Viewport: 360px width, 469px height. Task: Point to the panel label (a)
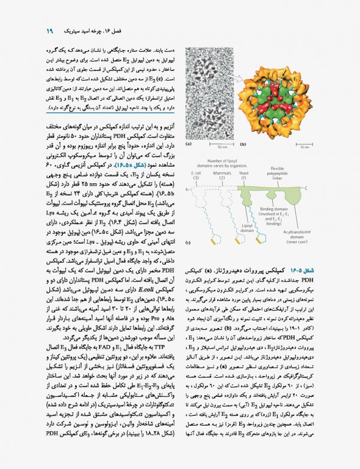(x=188, y=145)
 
